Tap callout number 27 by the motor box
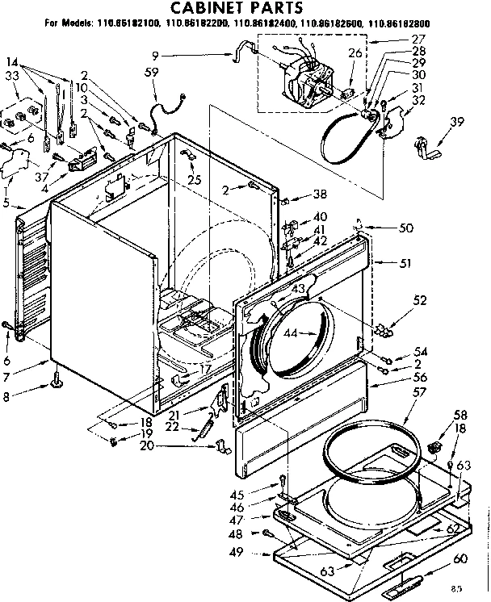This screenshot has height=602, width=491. (x=418, y=38)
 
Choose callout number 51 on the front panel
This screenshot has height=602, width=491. (x=405, y=263)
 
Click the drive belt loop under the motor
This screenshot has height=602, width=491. (x=339, y=137)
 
